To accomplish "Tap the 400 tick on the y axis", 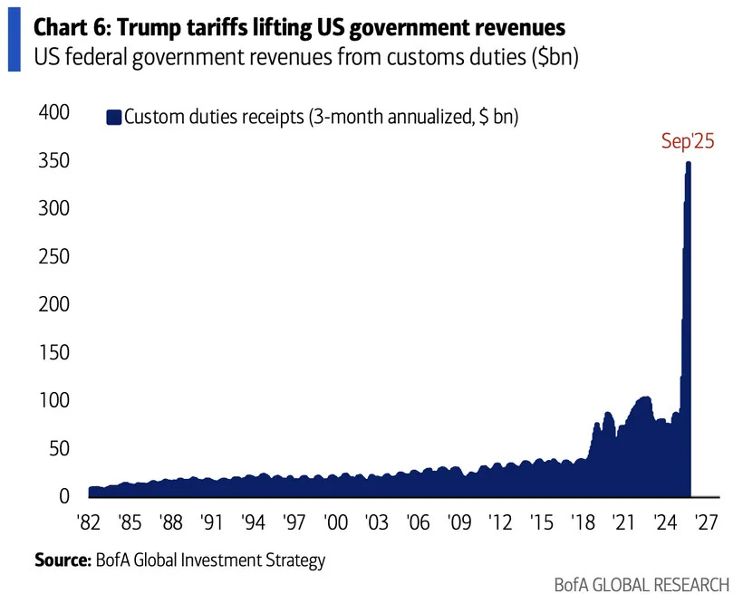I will (52, 113).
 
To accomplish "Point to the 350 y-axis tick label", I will (52, 161).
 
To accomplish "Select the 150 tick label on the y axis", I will (52, 353).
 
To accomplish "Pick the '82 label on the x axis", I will (87, 525).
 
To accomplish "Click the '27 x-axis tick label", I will (706, 525).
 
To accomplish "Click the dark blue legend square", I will (113, 116).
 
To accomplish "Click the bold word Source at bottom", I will (62, 560).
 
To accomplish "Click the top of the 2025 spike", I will (689, 164).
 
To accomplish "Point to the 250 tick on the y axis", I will (52, 257).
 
